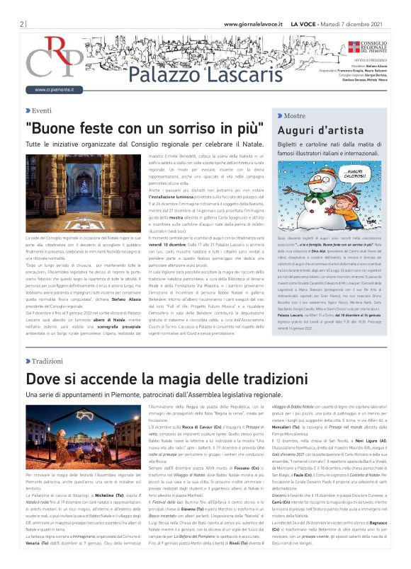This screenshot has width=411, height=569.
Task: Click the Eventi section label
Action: tap(42, 110)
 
